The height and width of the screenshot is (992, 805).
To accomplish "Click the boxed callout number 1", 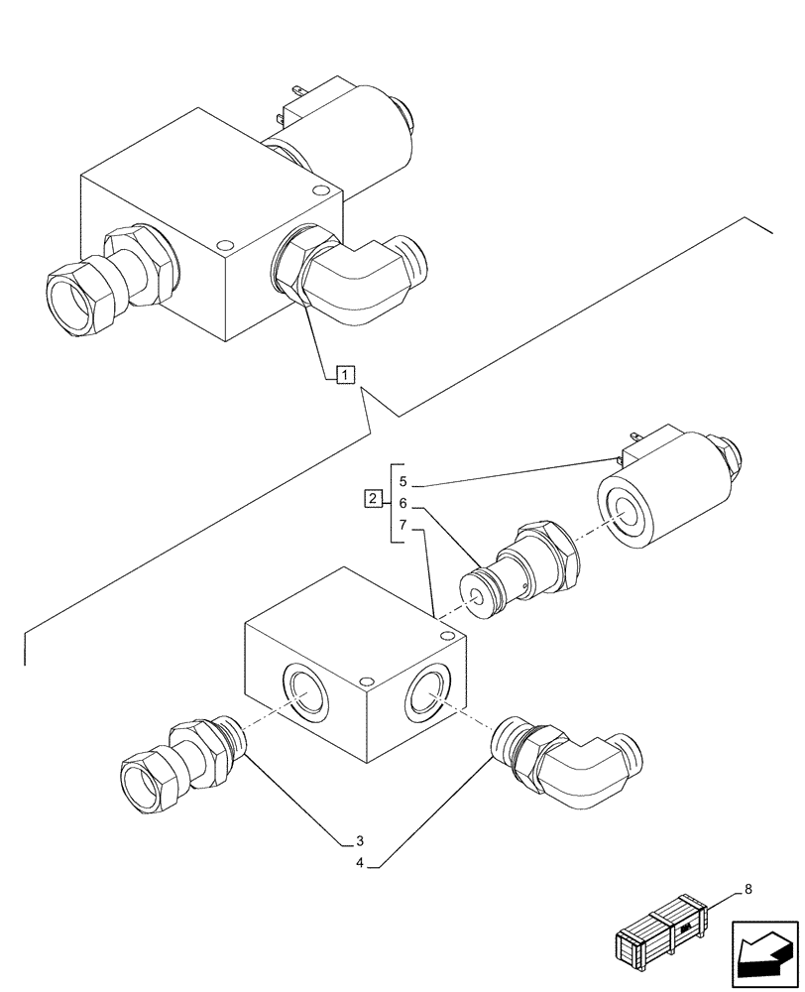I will (x=343, y=375).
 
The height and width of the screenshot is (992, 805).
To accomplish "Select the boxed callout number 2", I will (x=371, y=499).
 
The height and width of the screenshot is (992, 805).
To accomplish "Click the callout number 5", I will (x=402, y=482).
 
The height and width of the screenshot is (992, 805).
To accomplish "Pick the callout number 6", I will (x=402, y=504).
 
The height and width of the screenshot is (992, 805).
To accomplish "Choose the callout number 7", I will (x=402, y=525).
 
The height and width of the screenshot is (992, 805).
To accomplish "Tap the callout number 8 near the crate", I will (x=747, y=890).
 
